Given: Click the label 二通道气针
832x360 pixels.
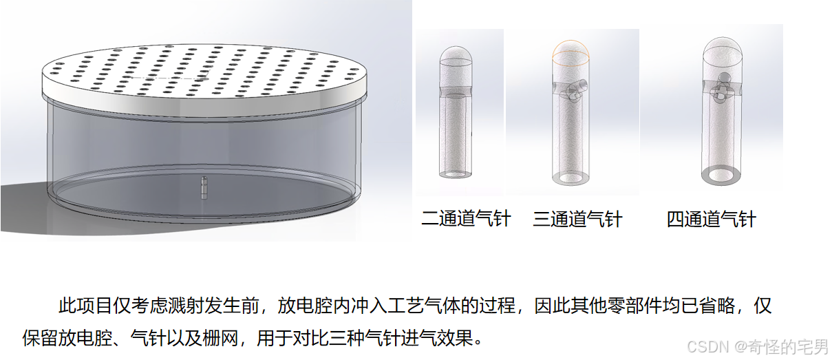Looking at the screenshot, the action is tap(466, 218).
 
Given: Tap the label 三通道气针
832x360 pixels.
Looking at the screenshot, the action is tap(577, 219).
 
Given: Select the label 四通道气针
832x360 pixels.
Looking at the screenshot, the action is tap(712, 219).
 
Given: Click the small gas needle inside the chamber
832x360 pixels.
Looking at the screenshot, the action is tap(204, 188).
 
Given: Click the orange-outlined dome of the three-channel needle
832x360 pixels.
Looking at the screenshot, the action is tap(570, 50).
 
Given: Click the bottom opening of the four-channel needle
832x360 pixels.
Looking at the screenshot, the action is tap(721, 176).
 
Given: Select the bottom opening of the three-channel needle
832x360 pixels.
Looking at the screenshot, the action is tap(571, 178).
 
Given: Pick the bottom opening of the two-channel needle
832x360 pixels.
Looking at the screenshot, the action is tap(456, 174).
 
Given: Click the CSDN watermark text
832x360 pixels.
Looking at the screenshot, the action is tap(758, 347).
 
